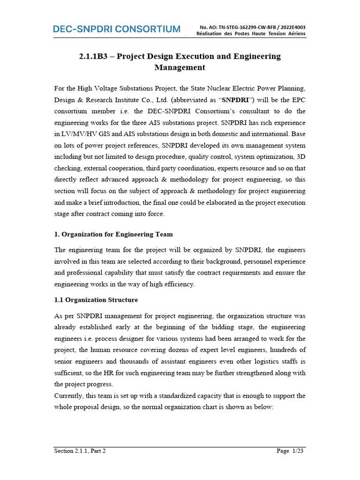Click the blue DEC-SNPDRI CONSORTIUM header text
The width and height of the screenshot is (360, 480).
[x=116, y=29]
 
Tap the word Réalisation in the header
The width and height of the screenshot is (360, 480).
[x=210, y=34]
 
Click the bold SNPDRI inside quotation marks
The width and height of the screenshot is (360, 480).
[x=235, y=100]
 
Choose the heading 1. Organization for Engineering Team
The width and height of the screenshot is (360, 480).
[x=113, y=234]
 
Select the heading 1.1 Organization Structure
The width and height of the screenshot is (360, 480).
[x=96, y=300]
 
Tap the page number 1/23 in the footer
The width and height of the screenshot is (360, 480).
[x=298, y=451]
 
